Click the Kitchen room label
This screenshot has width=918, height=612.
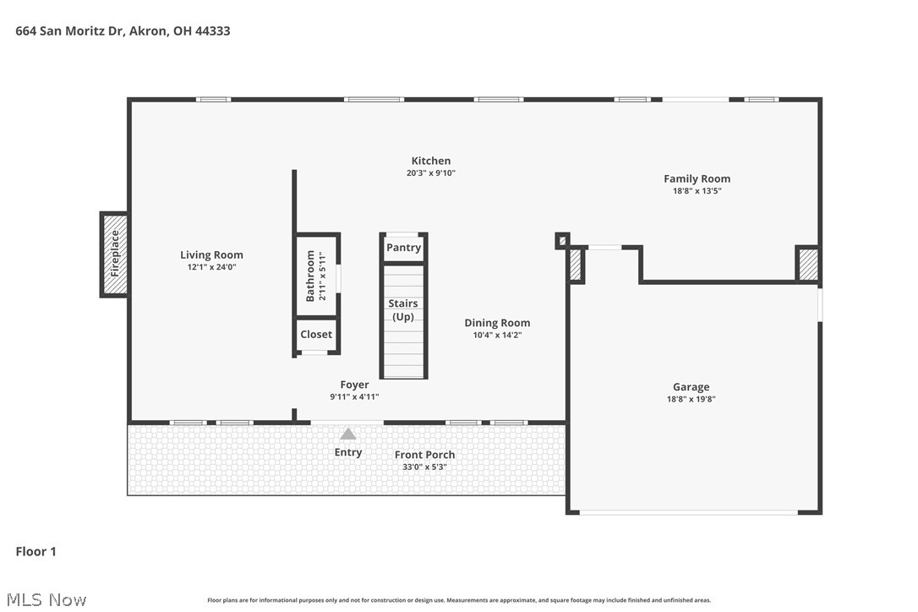[x=431, y=161]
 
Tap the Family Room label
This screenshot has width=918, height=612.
[x=697, y=178]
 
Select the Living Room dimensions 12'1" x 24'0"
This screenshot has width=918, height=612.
[x=211, y=267]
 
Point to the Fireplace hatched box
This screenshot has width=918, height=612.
[x=115, y=254]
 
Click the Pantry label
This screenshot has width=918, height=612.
[x=403, y=247]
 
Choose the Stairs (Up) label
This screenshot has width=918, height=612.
[x=403, y=310]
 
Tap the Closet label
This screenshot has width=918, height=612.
[x=316, y=335]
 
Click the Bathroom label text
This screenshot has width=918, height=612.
[x=310, y=276]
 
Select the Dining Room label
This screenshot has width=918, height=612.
[x=497, y=323]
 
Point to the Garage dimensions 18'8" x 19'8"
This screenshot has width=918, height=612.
[x=691, y=399]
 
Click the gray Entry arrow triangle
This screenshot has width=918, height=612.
[x=348, y=434]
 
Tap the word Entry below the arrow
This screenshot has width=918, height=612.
[x=348, y=452]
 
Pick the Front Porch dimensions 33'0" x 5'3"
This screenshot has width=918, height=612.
[x=424, y=467]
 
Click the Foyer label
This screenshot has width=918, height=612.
[x=354, y=385]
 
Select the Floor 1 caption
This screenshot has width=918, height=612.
[x=36, y=551]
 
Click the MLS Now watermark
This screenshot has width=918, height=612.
[x=46, y=599]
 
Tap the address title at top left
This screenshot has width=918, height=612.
[x=123, y=31]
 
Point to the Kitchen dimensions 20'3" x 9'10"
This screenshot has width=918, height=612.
[x=431, y=172]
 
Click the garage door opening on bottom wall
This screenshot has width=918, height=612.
[x=688, y=512]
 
